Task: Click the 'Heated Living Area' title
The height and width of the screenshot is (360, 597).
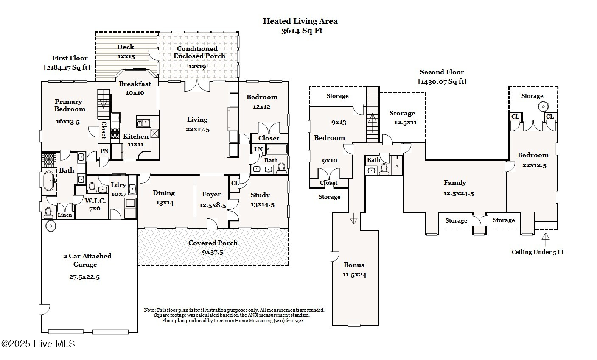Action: pyautogui.click(x=300, y=21)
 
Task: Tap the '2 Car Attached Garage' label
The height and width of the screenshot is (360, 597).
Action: pyautogui.click(x=87, y=260)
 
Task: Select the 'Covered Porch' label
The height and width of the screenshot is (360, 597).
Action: pyautogui.click(x=213, y=243)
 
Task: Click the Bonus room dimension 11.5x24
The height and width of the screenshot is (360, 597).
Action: pyautogui.click(x=355, y=275)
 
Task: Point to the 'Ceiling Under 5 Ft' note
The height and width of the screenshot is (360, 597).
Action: pyautogui.click(x=537, y=252)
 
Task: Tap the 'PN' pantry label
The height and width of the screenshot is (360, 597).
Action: pyautogui.click(x=104, y=151)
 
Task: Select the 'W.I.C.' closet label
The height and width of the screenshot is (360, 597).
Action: pyautogui.click(x=95, y=201)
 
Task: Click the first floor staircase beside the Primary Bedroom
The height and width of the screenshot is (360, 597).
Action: pyautogui.click(x=104, y=104)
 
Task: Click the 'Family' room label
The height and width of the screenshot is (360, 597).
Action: pyautogui.click(x=455, y=183)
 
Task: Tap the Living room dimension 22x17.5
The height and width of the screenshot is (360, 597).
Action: pyautogui.click(x=197, y=129)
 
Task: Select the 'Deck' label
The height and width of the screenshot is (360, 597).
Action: pyautogui.click(x=126, y=47)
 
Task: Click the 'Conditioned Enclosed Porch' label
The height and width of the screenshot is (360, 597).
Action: pyautogui.click(x=198, y=52)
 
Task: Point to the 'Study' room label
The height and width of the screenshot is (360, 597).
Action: pyautogui.click(x=260, y=195)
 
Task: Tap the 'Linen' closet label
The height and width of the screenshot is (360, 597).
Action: pyautogui.click(x=65, y=215)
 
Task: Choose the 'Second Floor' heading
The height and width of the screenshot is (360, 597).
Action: pyautogui.click(x=442, y=72)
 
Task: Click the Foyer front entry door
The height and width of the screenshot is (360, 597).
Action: pyautogui.click(x=212, y=223)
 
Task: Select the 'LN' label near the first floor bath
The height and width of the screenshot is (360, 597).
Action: pyautogui.click(x=258, y=150)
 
